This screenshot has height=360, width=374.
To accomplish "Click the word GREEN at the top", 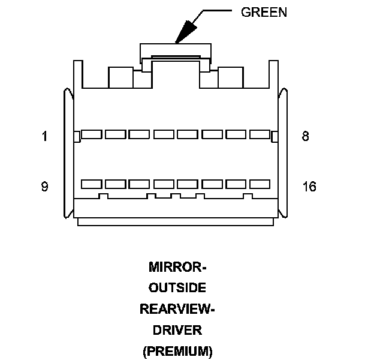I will coord(264,12).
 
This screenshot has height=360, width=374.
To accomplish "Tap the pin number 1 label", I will coord(44,136).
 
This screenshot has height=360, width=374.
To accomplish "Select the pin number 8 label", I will coord(305,136).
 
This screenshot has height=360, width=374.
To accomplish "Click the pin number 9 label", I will coord(44,187).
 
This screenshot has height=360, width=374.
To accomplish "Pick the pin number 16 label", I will coord(309,187).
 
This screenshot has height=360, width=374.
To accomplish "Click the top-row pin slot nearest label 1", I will coord(91,134).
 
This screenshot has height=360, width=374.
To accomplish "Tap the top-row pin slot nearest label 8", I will coord(260,134).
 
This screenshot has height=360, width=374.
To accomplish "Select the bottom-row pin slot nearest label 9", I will coord(91,184).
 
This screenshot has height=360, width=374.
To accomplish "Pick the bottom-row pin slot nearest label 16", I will coord(260,184).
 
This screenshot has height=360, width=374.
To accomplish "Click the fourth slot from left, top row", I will coord(164,134).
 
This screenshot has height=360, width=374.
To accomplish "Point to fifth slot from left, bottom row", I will coord(188,184).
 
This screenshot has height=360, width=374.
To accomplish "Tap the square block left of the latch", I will coord(119,77).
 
